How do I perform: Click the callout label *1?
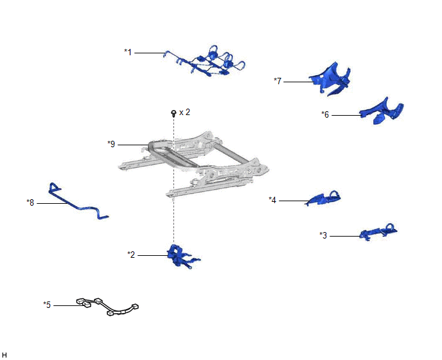[128, 52]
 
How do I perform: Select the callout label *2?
[131, 255]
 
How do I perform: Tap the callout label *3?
[323, 235]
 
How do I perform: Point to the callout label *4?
[272, 200]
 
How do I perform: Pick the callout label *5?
[47, 305]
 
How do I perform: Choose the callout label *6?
[325, 114]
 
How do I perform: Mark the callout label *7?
[278, 81]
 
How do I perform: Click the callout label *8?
[30, 203]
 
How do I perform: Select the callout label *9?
[111, 144]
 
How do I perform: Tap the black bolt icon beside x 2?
[173, 113]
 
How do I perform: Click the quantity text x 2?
[184, 113]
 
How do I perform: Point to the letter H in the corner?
[4, 355]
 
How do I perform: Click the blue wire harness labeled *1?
[209, 64]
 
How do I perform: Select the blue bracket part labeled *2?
[181, 256]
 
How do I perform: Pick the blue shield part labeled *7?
[331, 80]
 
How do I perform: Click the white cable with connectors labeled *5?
[107, 307]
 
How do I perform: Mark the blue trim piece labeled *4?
[324, 199]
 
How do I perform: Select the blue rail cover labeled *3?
[378, 231]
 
